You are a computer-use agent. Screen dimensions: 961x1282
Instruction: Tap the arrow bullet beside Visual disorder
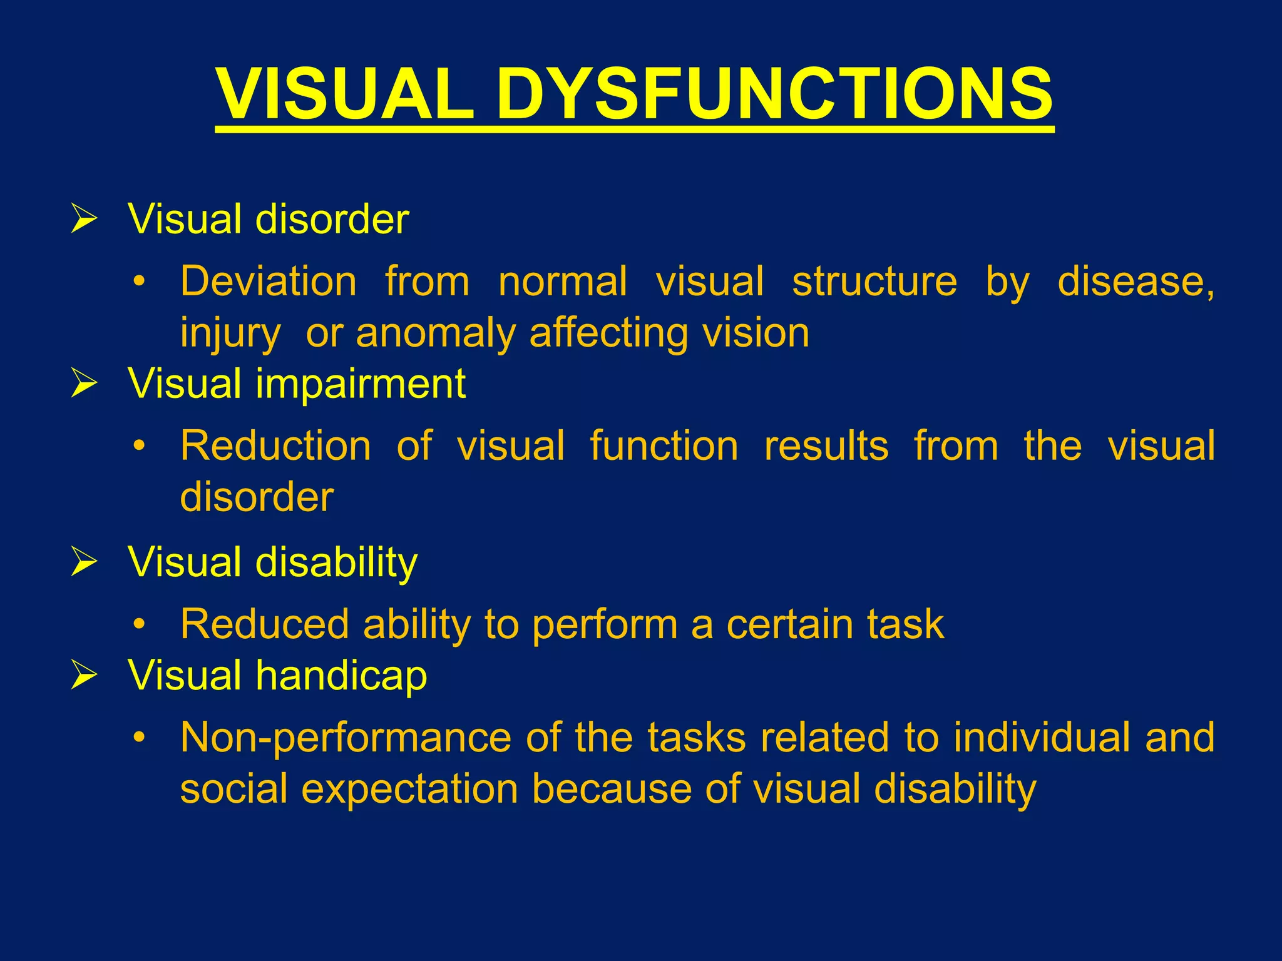[84, 219]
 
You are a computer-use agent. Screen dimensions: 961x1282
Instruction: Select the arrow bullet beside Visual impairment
[84, 383]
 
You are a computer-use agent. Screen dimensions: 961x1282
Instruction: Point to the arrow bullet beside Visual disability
[84, 561]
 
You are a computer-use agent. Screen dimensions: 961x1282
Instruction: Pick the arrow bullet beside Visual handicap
[84, 676]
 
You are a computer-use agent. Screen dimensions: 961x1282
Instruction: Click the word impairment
[361, 384]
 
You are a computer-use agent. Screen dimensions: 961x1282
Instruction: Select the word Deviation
[269, 282]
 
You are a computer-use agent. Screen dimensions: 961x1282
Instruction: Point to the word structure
[874, 282]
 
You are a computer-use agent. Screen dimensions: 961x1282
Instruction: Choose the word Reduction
[275, 446]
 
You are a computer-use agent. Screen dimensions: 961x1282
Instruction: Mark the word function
[664, 446]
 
